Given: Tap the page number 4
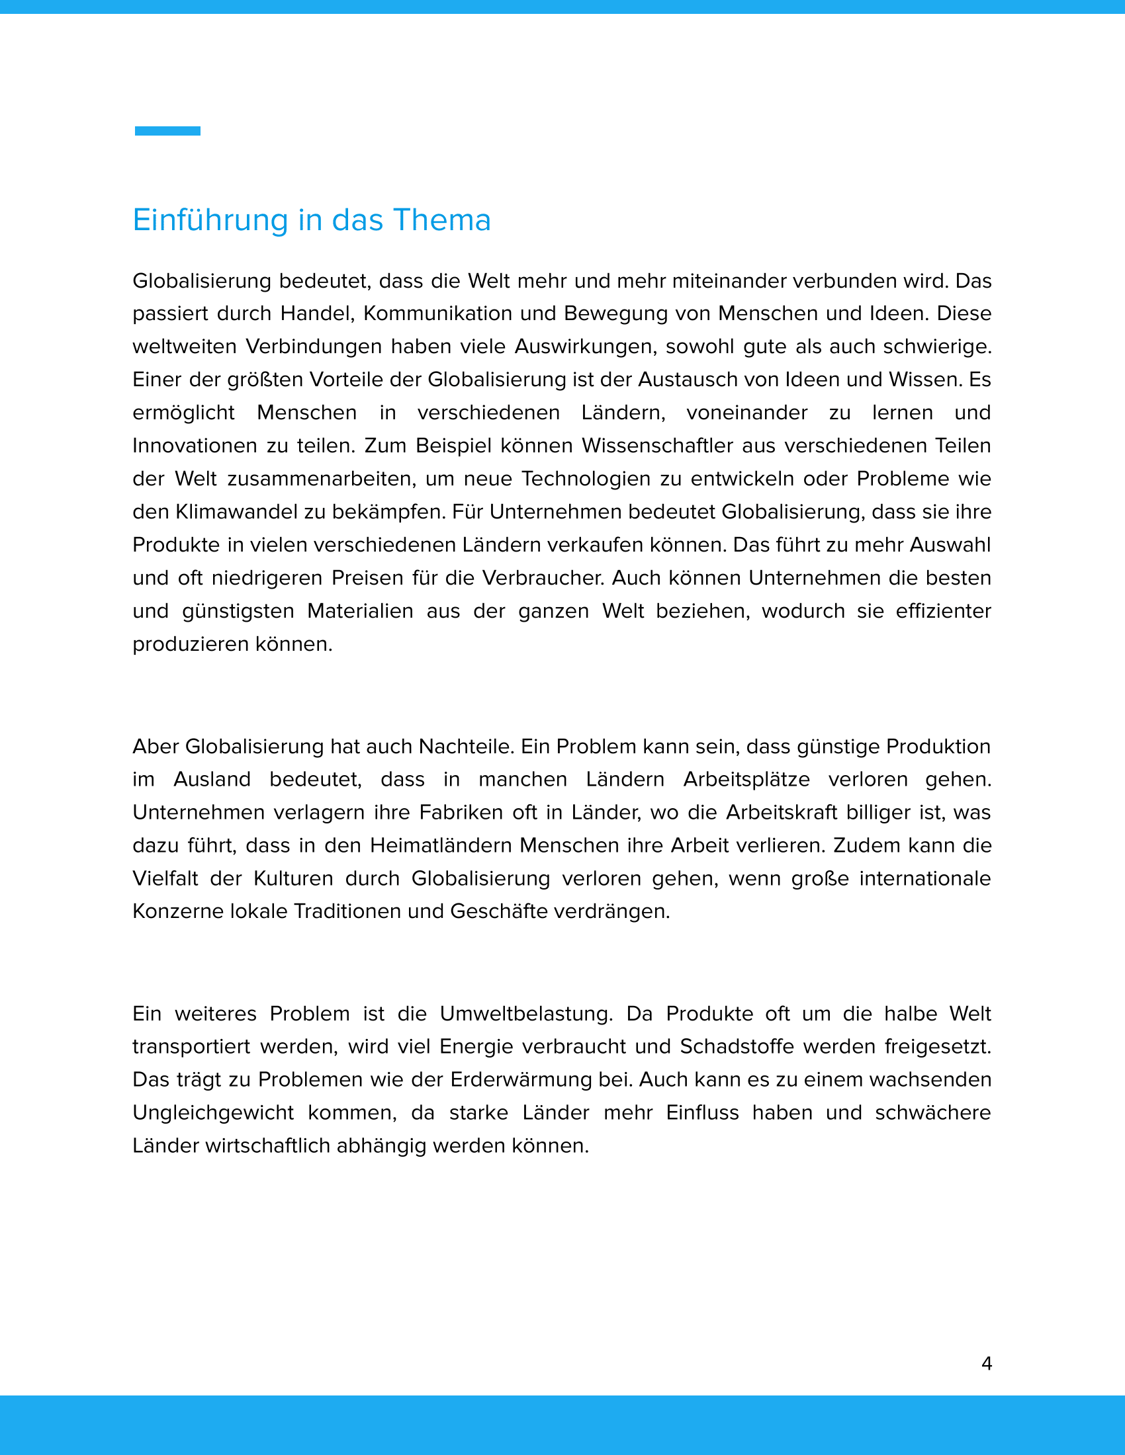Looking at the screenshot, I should click(987, 1364).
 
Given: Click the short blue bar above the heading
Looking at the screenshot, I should click(167, 131).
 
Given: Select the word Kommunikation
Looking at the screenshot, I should click(437, 313).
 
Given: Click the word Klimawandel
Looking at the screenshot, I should click(236, 512).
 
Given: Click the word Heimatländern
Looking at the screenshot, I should click(441, 845).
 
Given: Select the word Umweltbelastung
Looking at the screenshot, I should click(525, 1014).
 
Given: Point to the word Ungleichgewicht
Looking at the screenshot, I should click(212, 1112).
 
